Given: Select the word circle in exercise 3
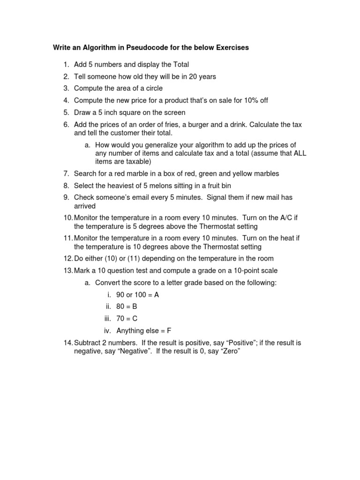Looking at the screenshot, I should [153, 89].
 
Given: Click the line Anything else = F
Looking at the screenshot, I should [144, 331].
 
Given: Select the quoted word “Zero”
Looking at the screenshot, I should [230, 351].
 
